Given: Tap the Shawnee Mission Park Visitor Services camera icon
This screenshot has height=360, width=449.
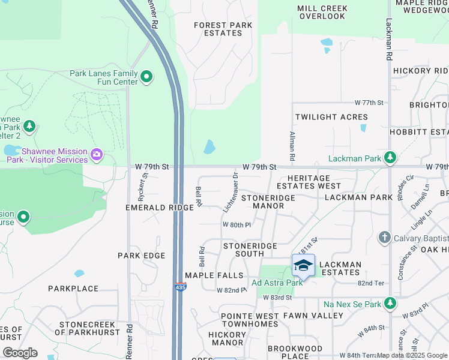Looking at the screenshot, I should pyautogui.click(x=96, y=155).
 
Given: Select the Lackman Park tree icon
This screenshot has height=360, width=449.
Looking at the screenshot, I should pyautogui.click(x=391, y=158).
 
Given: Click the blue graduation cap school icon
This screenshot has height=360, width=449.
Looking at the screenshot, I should pyautogui.click(x=303, y=266).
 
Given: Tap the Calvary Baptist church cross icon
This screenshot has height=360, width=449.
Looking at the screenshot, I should pyautogui.click(x=385, y=238).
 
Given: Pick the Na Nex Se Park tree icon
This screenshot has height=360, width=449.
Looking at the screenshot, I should pyautogui.click(x=391, y=304).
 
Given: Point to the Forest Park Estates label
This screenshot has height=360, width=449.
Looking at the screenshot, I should pyautogui.click(x=218, y=29).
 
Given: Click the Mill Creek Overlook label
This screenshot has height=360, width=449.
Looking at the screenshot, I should pyautogui.click(x=322, y=13).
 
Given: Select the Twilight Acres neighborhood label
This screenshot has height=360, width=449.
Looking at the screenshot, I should pyautogui.click(x=331, y=117).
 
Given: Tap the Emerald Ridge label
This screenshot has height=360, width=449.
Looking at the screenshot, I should pyautogui.click(x=159, y=208).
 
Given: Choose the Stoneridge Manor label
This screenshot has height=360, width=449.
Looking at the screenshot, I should pyautogui.click(x=268, y=202).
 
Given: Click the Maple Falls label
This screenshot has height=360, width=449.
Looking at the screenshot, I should pyautogui.click(x=214, y=275).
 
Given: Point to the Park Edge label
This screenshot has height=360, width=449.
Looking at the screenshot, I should pyautogui.click(x=141, y=256).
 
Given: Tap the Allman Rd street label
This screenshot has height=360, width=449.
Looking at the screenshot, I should pyautogui.click(x=292, y=146).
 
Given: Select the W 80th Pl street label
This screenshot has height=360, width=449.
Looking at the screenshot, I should pyautogui.click(x=236, y=224).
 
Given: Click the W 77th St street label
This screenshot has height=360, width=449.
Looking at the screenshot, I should pyautogui.click(x=369, y=103).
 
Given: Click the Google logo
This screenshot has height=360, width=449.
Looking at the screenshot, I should pyautogui.click(x=20, y=352).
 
